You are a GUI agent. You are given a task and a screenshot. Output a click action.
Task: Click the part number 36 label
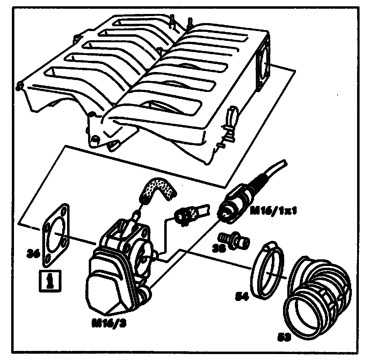coord(33,253)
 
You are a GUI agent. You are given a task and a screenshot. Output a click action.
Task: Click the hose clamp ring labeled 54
coord(268,271)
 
